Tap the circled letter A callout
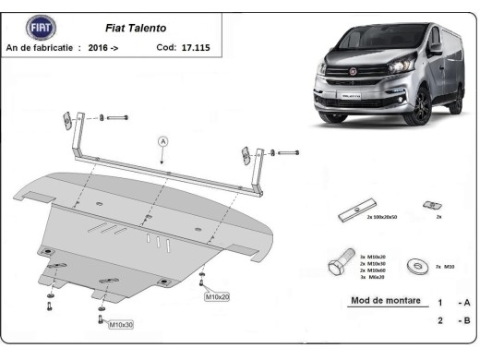[x=163, y=141]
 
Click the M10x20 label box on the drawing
[x=217, y=296]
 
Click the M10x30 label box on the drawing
[x=120, y=325]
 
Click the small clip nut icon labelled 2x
[x=426, y=204]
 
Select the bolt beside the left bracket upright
[x=116, y=118]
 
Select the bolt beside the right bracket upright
[x=286, y=151]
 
